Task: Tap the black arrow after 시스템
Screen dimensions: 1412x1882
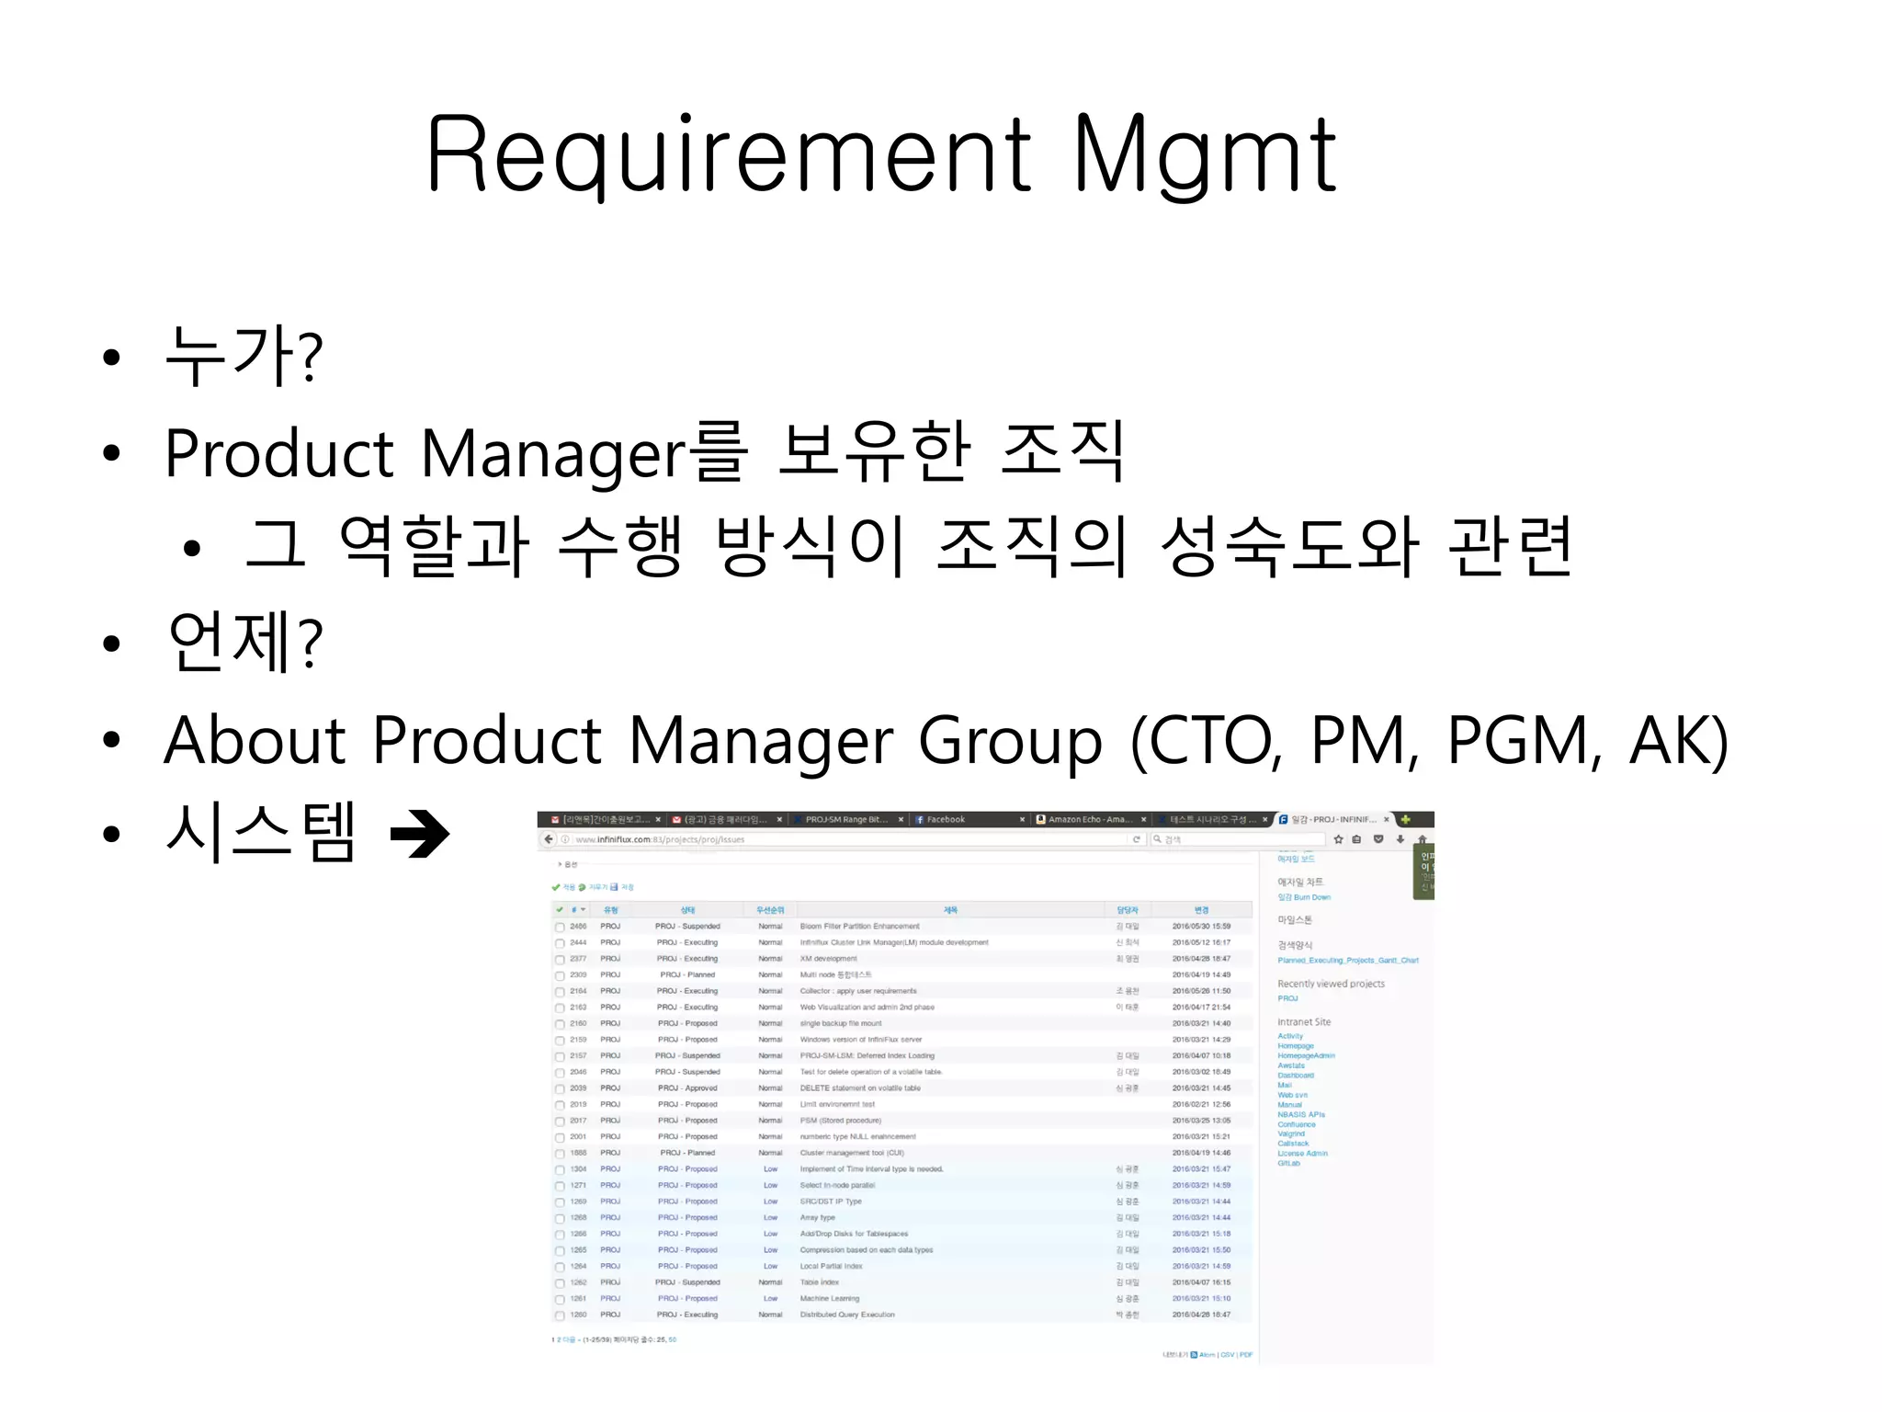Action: click(420, 834)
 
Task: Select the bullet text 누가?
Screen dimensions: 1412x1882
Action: click(244, 356)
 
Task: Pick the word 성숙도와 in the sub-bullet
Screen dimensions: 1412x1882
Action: click(1290, 546)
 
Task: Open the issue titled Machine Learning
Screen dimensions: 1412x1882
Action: click(830, 1299)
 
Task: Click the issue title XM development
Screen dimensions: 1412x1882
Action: click(828, 959)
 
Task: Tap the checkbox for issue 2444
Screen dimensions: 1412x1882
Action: click(560, 943)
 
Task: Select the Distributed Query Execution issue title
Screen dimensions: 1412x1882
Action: click(847, 1315)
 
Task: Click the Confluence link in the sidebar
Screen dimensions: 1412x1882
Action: click(1297, 1124)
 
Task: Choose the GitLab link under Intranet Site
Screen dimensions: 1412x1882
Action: click(1288, 1163)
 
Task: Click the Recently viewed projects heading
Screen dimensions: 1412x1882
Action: click(1331, 984)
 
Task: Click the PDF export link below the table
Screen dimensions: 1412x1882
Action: click(1246, 1354)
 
